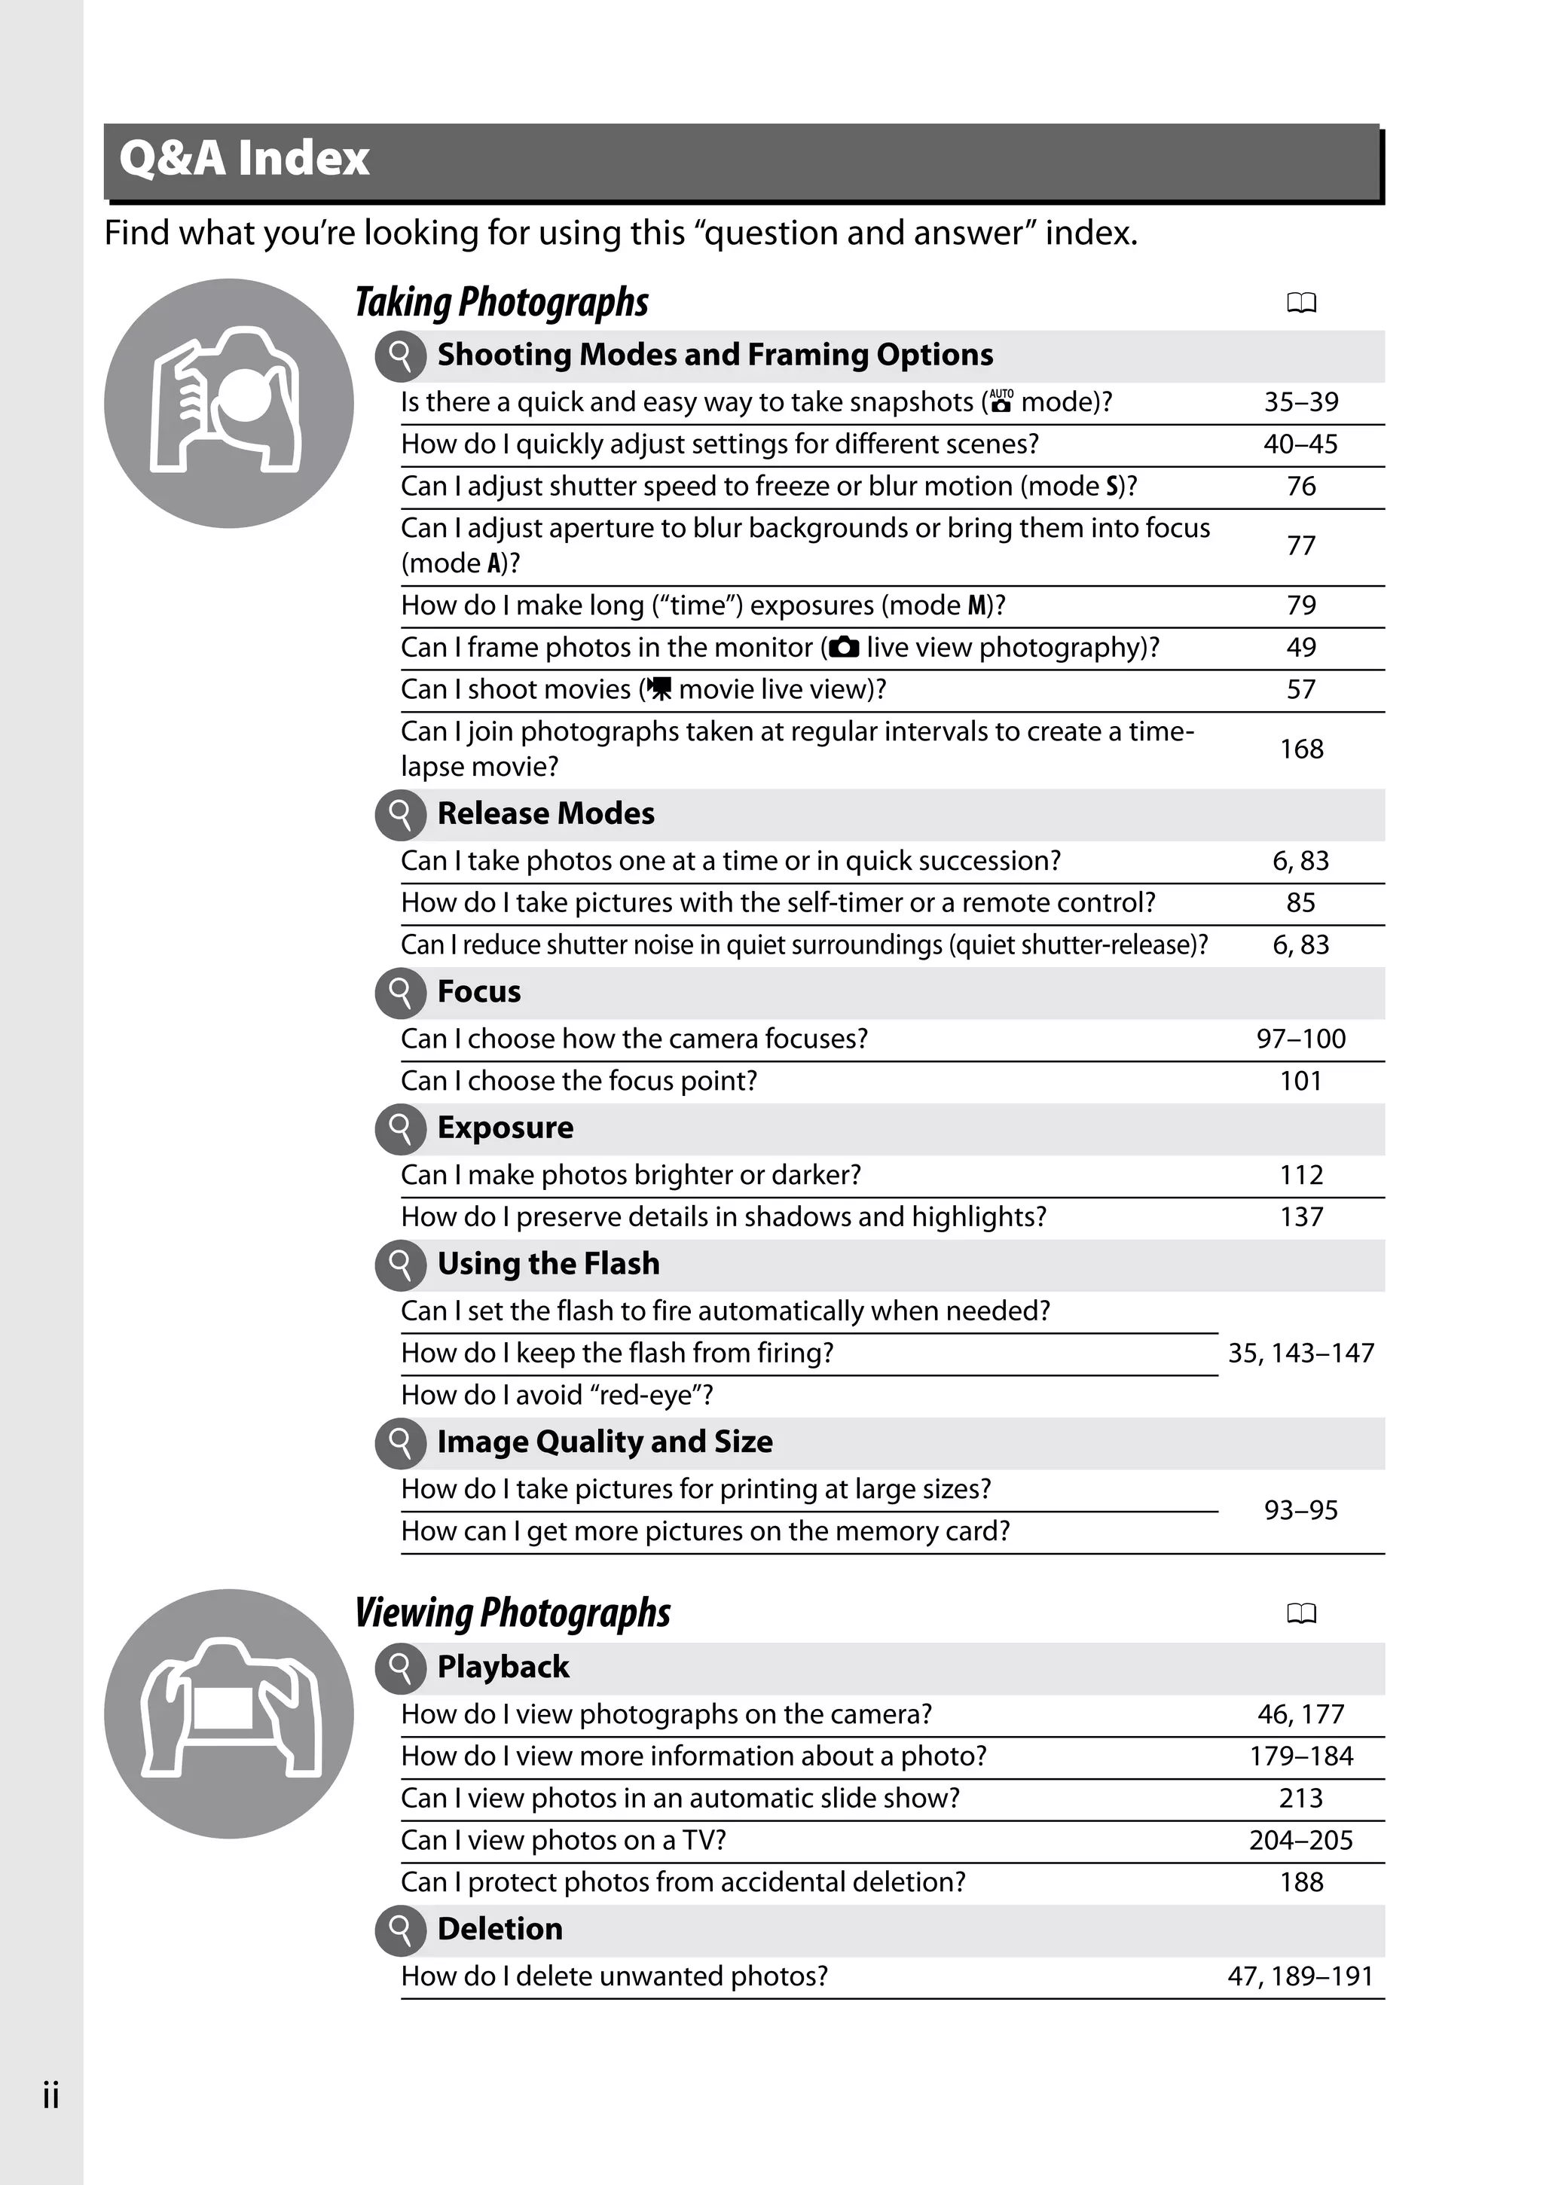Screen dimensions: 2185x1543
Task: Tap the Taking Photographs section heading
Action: click(502, 303)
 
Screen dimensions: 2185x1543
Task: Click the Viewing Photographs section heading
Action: click(512, 1613)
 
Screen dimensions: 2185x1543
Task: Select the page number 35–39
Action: click(1300, 401)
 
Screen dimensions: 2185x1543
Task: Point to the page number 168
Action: click(1300, 749)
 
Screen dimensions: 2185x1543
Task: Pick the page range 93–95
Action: click(1300, 1510)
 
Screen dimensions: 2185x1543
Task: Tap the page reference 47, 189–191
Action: click(1300, 1976)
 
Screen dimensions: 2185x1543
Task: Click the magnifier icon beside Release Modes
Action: click(401, 815)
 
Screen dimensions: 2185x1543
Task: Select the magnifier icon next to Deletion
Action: click(401, 1930)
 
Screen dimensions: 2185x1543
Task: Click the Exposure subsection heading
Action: click(505, 1128)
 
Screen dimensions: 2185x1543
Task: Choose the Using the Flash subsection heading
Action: click(548, 1264)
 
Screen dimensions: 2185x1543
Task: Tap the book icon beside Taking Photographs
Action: click(1301, 304)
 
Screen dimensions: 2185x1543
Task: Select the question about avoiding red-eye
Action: click(557, 1395)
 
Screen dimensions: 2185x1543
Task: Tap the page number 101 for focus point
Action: click(1300, 1081)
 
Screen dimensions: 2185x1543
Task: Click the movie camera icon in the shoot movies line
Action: click(658, 689)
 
